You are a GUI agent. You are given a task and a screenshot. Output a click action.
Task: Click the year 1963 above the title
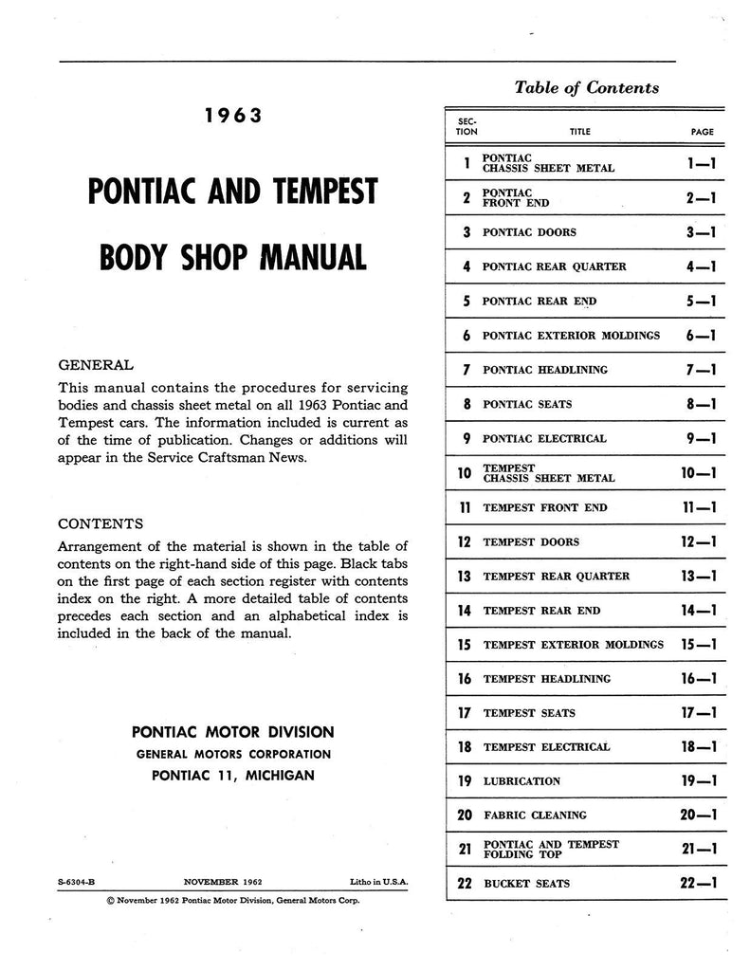click(x=232, y=118)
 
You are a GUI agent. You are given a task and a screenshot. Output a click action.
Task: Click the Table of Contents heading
click(x=586, y=87)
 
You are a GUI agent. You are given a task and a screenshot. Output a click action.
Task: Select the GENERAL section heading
click(x=96, y=364)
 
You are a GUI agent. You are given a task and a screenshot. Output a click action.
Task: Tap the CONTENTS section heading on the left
click(x=101, y=522)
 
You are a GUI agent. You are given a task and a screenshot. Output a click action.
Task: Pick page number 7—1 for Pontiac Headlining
click(x=701, y=370)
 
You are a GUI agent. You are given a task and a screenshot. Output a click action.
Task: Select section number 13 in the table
click(x=464, y=577)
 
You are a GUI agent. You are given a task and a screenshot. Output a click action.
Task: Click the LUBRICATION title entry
click(x=521, y=782)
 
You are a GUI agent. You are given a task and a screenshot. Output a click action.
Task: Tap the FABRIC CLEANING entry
click(x=535, y=815)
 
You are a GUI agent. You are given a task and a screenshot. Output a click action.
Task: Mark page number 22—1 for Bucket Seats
click(x=699, y=884)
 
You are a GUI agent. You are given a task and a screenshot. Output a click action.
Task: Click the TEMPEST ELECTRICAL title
click(x=546, y=747)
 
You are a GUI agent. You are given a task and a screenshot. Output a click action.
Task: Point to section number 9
click(x=466, y=439)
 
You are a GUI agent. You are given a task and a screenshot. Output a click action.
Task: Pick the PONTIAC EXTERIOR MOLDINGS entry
click(x=571, y=336)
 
